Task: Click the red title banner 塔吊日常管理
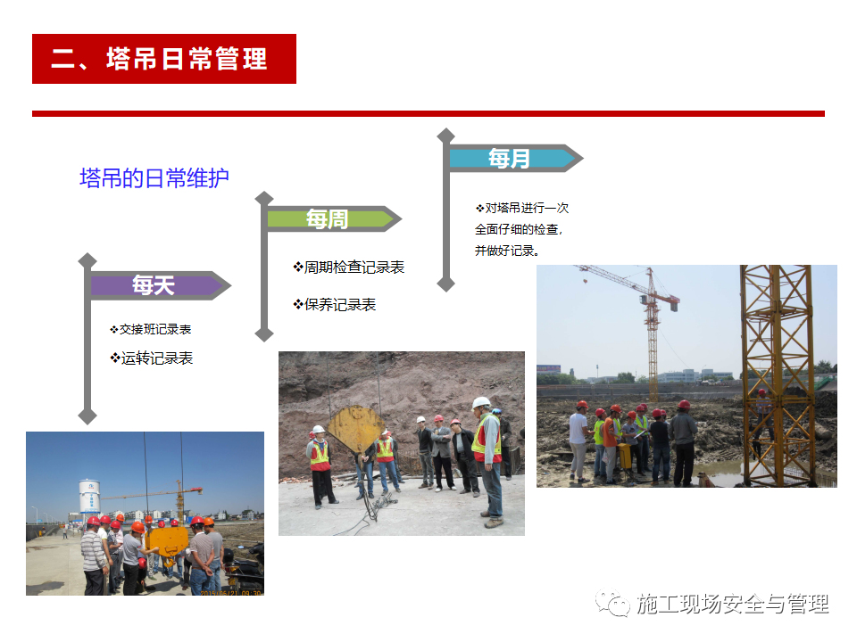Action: [164, 59]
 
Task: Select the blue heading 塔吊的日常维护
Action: [154, 178]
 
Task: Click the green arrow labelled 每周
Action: [334, 219]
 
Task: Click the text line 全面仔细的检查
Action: [517, 229]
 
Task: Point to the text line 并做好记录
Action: [507, 251]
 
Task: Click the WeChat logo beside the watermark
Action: [612, 603]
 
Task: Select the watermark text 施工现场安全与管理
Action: [732, 604]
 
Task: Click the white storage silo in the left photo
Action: [89, 496]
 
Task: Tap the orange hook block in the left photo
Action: [169, 542]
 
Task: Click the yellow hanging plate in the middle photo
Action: [356, 429]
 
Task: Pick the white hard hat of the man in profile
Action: [480, 403]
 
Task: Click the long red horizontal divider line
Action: [428, 113]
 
